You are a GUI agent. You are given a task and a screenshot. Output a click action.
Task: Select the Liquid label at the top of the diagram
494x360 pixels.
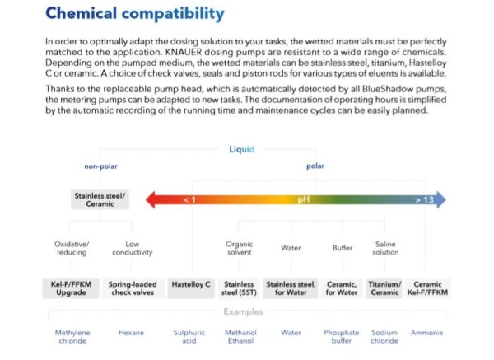point(241,149)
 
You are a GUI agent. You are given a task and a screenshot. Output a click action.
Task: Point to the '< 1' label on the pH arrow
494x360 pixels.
point(190,199)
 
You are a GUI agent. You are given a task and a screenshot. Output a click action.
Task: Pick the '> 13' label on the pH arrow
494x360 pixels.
point(423,199)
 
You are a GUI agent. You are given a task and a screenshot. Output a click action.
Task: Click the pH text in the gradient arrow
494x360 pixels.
point(303,199)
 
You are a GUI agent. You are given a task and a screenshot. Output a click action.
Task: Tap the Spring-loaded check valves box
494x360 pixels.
point(131,288)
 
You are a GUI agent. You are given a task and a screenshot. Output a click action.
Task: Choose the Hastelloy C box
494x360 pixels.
point(191,284)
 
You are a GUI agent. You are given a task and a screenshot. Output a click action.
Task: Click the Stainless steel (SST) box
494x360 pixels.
point(239,288)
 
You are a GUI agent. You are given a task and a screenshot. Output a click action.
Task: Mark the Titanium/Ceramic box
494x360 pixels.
point(384,288)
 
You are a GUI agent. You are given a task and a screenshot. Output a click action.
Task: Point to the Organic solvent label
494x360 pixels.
point(239,248)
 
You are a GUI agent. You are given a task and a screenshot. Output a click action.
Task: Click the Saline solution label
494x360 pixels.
point(385,248)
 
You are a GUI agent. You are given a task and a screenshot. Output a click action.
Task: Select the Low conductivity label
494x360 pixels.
point(131,248)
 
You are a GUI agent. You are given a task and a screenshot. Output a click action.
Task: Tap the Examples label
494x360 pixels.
point(243,311)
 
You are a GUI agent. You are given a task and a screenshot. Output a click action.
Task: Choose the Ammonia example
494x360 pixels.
point(427,333)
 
